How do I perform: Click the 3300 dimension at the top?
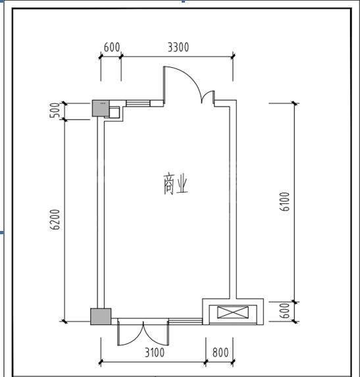click(178, 47)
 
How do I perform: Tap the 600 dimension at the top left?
click(112, 47)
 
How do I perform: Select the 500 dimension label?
click(55, 110)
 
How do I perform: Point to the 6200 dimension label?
click(55, 220)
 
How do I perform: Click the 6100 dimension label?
click(285, 201)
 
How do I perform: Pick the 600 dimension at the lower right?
click(285, 311)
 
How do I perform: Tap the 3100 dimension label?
click(155, 353)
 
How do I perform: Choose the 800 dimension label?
click(220, 353)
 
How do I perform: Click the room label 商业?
click(175, 184)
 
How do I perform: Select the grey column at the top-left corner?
click(101, 109)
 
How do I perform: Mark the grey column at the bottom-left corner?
click(101, 316)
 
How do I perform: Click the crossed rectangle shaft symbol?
click(233, 312)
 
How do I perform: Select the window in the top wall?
click(138, 103)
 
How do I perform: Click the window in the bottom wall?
click(185, 321)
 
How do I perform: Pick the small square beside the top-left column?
click(114, 113)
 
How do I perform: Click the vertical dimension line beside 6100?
click(295, 202)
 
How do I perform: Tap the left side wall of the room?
click(101, 213)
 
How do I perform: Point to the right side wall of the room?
click(233, 199)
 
